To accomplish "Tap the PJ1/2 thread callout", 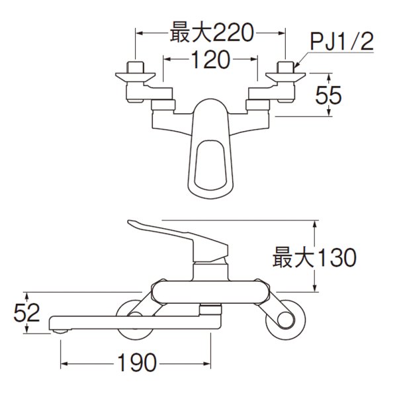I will [x=341, y=46].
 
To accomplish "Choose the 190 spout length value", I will [x=137, y=362].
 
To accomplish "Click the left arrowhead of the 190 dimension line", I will [x=64, y=363].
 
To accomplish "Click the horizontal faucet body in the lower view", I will [x=208, y=291].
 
